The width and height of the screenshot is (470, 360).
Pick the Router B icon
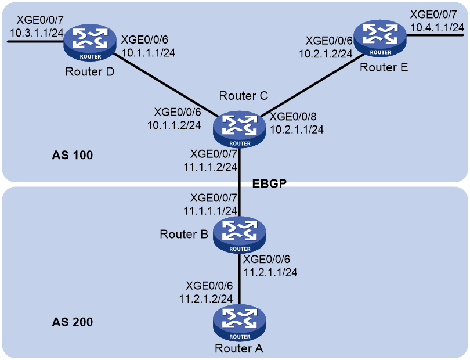240,235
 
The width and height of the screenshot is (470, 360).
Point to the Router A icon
240,323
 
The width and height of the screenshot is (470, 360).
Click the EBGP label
269,183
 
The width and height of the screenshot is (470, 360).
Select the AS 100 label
72,155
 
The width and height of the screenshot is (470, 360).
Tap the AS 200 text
72,322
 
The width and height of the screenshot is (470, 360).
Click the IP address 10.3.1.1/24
37,33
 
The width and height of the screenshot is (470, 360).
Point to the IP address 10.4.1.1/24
438,28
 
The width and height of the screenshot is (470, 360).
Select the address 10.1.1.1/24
149,52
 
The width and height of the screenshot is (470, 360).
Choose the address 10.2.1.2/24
326,53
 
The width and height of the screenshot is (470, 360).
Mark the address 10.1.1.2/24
174,125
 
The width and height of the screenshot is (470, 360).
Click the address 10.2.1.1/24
297,129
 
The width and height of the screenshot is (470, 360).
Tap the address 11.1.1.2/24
211,167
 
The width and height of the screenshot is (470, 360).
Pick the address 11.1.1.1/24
211,211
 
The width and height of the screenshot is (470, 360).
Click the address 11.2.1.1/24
270,272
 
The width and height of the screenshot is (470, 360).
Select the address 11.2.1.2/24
206,298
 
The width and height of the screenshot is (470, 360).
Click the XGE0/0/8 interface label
293,116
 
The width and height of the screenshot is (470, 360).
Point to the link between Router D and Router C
165,86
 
